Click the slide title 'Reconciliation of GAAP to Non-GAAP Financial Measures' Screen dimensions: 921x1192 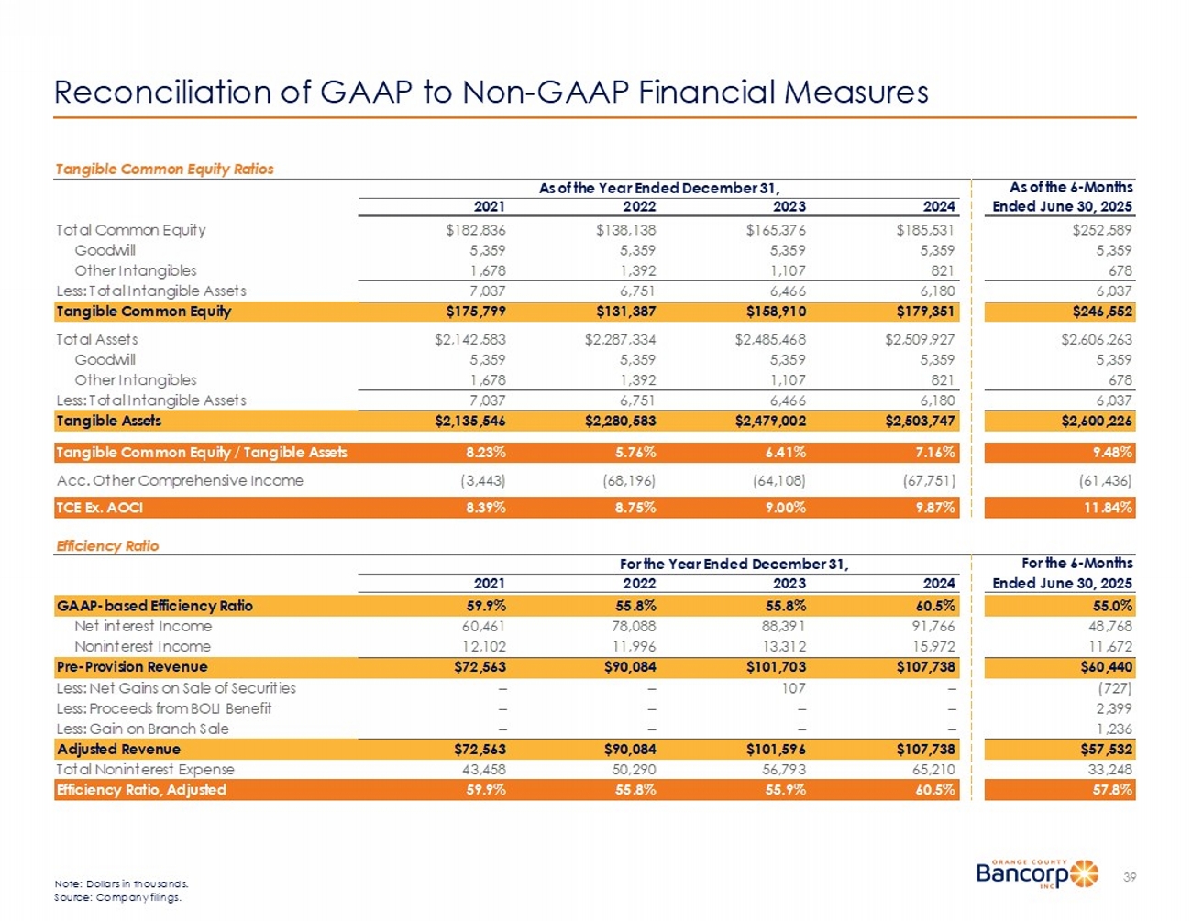click(491, 92)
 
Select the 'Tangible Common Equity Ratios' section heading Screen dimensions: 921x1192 click(164, 169)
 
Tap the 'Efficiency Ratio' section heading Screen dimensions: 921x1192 click(107, 545)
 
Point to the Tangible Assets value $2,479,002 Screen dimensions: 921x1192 click(770, 421)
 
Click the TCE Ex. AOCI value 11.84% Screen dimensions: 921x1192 click(1109, 507)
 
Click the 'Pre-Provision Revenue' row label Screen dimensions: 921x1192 click(132, 667)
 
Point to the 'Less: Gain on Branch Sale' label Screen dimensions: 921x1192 click(142, 729)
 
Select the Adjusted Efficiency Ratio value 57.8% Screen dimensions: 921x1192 click(1111, 789)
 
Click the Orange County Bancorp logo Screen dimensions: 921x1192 click(1036, 873)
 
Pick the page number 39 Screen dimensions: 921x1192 click(1129, 877)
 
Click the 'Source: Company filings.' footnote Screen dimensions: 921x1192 click(118, 897)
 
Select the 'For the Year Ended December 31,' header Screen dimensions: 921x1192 click(734, 564)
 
